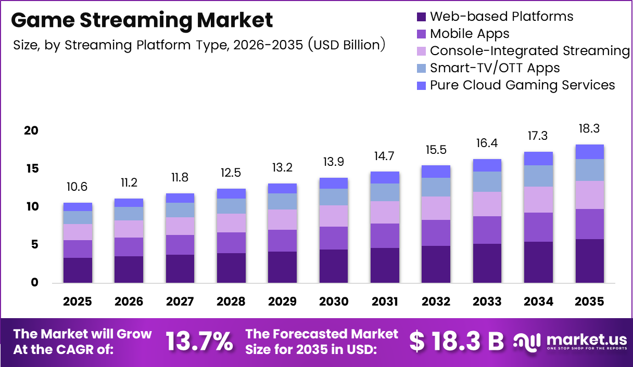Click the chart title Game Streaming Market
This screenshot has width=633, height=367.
click(x=142, y=20)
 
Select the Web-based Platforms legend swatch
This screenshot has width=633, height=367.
click(x=421, y=17)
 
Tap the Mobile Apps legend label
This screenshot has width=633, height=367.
click(x=470, y=34)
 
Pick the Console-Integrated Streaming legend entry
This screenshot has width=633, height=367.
click(x=529, y=51)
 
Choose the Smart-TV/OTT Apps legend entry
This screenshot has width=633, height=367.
click(x=495, y=68)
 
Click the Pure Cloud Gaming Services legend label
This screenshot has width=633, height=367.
click(x=522, y=85)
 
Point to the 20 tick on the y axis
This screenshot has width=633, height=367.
click(x=31, y=130)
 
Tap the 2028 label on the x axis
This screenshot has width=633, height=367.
click(x=231, y=302)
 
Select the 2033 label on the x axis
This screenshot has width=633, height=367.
click(x=487, y=302)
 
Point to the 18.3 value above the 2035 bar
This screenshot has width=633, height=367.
click(x=590, y=129)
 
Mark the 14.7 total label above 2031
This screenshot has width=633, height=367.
click(x=385, y=156)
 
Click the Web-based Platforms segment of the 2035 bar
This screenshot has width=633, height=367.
click(x=590, y=261)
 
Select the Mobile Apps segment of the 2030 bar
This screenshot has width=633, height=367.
click(x=334, y=238)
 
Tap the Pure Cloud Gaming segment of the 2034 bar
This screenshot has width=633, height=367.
click(x=538, y=159)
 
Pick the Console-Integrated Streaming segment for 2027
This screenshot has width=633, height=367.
click(x=180, y=226)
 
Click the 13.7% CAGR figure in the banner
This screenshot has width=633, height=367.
click(x=199, y=342)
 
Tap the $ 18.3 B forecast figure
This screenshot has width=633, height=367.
click(x=457, y=342)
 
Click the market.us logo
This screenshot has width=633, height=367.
click(x=570, y=342)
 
